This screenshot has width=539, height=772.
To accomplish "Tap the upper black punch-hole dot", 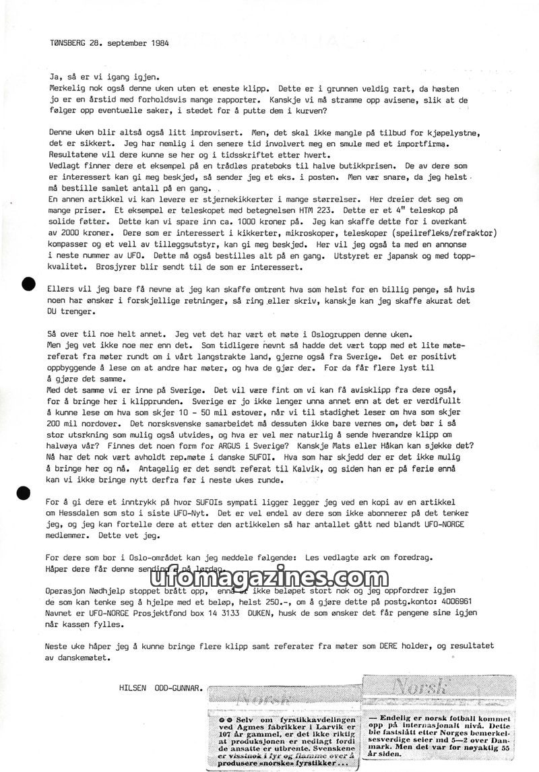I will (x=28, y=284).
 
